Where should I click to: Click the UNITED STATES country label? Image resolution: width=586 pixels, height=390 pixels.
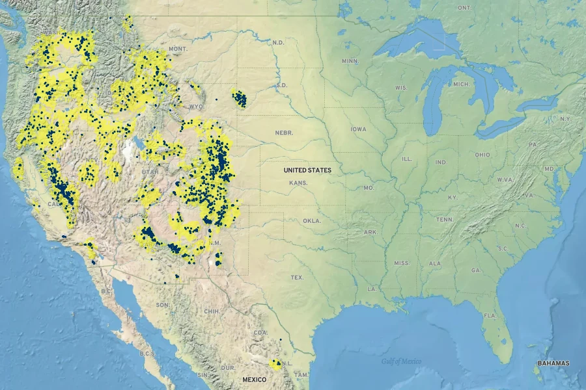click(x=307, y=170)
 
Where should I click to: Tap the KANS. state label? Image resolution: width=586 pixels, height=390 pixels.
click(x=299, y=183)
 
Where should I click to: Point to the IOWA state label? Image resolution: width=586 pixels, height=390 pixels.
click(x=358, y=129)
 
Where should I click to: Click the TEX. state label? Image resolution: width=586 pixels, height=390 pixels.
click(x=297, y=278)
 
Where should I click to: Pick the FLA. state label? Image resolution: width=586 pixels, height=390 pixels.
click(x=489, y=315)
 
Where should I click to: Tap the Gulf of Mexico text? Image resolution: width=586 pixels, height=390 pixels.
click(x=401, y=361)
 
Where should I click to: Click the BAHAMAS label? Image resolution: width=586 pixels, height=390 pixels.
click(x=553, y=363)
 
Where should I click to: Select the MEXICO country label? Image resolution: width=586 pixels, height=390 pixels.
click(x=254, y=380)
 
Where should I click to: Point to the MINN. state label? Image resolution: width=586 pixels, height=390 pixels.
click(x=350, y=61)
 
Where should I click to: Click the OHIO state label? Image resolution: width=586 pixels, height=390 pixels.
click(x=482, y=155)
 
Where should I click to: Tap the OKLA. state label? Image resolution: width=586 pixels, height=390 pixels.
click(x=312, y=221)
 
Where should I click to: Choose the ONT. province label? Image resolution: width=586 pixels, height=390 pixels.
click(x=464, y=8)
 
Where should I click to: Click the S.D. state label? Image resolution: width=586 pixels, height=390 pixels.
click(x=282, y=85)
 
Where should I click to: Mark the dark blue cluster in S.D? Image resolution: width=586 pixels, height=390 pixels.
click(x=240, y=99)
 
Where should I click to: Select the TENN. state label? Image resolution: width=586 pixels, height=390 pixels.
click(x=445, y=220)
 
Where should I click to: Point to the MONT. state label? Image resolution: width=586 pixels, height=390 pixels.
click(x=178, y=49)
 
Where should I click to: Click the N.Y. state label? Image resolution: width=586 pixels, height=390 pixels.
click(x=565, y=119)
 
